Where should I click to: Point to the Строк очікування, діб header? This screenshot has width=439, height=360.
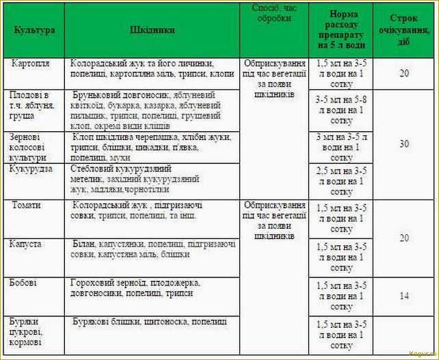[404, 29]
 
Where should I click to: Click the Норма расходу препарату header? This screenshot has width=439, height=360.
[341, 29]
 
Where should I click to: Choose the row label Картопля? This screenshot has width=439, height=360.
[31, 63]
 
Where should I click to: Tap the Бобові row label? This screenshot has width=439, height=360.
[24, 281]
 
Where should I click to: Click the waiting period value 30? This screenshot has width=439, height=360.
[404, 143]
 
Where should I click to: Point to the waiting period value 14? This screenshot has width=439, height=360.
[404, 296]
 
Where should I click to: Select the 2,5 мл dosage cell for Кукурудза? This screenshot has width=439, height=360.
[341, 180]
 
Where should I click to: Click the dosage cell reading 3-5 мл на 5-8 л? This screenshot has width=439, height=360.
[341, 109]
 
